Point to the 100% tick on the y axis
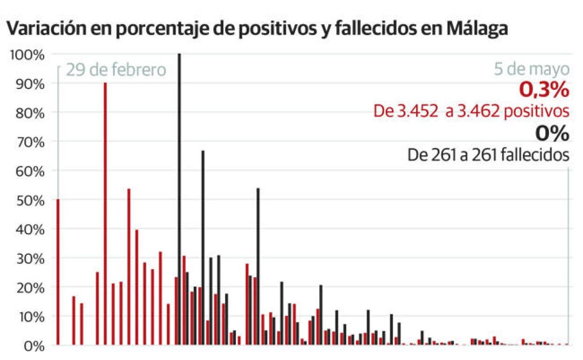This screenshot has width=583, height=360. [x=27, y=55]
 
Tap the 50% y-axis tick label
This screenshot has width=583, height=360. [x=29, y=200]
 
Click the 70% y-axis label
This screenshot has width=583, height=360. [x=29, y=142]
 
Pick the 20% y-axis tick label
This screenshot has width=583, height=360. [x=29, y=288]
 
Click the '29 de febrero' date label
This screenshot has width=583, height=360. [x=116, y=70]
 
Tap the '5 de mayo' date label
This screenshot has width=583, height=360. [x=532, y=70]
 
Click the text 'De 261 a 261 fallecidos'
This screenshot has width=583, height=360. [x=488, y=155]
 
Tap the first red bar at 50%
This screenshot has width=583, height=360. [x=58, y=271]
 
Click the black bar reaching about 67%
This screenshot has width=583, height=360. [x=203, y=248]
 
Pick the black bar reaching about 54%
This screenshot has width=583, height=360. [x=258, y=266]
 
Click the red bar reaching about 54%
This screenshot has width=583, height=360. [x=129, y=266]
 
